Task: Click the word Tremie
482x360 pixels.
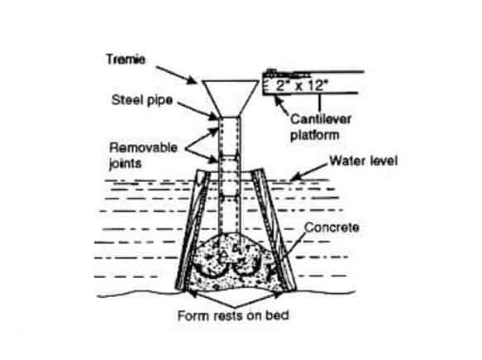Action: point(126,60)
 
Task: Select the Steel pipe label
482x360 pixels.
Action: point(142,100)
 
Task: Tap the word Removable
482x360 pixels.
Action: point(143,147)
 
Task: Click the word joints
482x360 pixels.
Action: point(126,163)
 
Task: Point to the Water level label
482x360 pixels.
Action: point(363,161)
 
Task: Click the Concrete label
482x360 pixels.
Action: point(332,228)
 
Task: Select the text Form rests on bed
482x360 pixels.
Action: point(233,315)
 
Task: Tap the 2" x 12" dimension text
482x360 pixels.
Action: point(300,85)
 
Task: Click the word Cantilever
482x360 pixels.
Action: point(321,119)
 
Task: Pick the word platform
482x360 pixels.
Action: point(315,136)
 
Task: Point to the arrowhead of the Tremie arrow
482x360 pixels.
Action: point(193,81)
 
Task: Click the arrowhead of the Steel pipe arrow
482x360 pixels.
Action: point(214,117)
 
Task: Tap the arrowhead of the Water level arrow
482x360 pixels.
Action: point(294,177)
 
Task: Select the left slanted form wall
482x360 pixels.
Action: point(193,230)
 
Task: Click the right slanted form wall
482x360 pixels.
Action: point(274,230)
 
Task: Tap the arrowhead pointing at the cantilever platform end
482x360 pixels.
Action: point(277,99)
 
